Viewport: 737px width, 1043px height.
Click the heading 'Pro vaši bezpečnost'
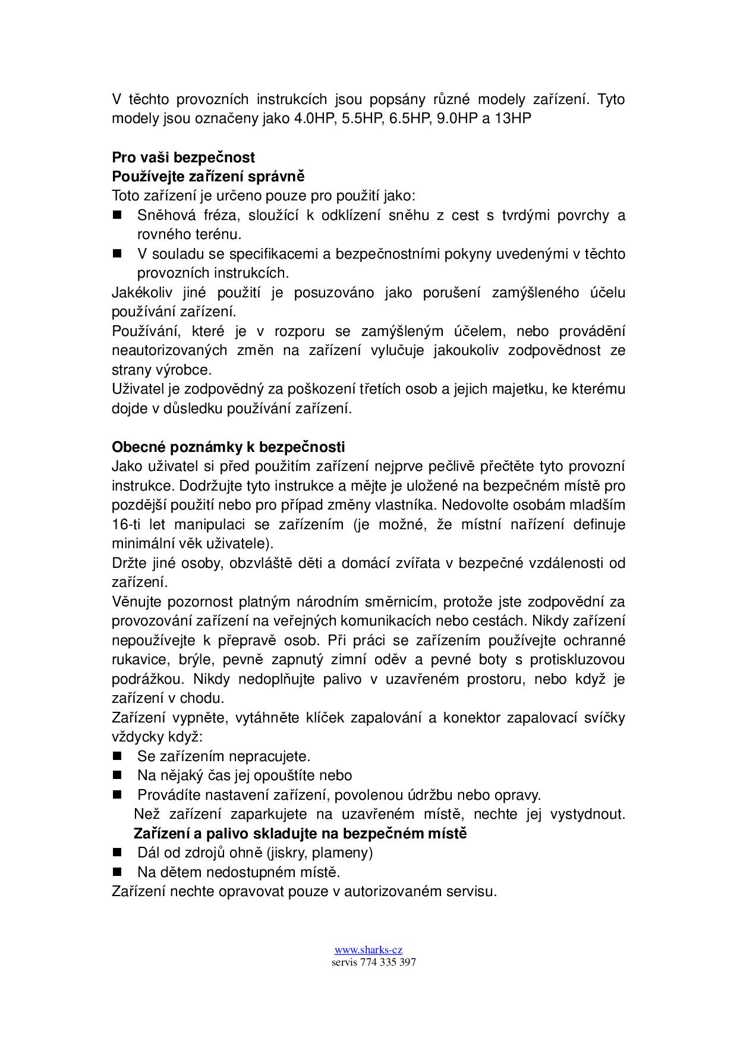183,158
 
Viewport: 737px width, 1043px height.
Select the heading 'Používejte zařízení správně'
208,177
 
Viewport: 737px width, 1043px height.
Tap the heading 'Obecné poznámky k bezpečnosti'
228,447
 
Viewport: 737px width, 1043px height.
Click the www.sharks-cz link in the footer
368,950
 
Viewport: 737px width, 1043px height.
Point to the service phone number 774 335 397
388,962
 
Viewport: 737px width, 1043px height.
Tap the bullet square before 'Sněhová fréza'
116,215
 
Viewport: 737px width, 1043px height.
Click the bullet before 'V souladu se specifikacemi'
116,253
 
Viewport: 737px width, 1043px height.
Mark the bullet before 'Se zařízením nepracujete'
116,756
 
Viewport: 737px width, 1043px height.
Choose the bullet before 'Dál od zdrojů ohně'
116,852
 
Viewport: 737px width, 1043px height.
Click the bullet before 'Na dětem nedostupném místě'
116,872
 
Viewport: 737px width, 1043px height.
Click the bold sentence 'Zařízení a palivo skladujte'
300,833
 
